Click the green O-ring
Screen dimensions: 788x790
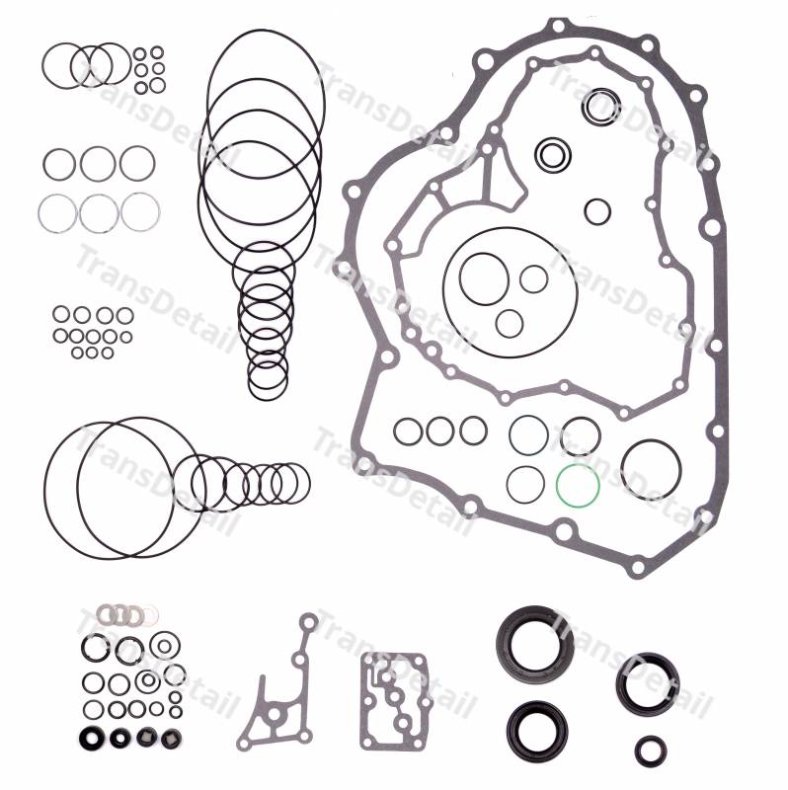tap(557, 486)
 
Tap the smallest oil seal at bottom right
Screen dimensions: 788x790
tap(639, 750)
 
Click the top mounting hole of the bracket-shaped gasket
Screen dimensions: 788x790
tap(308, 623)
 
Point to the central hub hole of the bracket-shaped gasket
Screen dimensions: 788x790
tap(275, 714)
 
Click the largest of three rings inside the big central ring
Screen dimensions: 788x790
tap(460, 278)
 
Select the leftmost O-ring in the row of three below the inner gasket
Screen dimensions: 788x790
tap(396, 432)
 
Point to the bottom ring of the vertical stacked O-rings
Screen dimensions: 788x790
tap(250, 375)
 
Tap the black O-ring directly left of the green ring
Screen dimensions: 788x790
tap(508, 485)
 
